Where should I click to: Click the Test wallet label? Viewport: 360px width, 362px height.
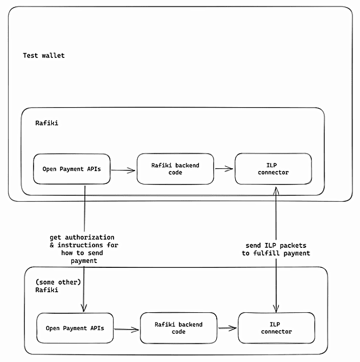(x=44, y=56)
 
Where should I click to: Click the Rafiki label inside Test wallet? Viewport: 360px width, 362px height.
(x=46, y=123)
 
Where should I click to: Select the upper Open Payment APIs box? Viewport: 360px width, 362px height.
(x=72, y=169)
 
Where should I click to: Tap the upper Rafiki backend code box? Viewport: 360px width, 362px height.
(x=175, y=169)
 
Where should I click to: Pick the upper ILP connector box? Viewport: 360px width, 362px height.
(x=274, y=169)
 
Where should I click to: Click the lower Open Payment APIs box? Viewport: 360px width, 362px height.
(x=75, y=328)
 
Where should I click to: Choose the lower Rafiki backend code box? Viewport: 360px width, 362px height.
(x=178, y=328)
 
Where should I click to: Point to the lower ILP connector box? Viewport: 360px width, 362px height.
(x=277, y=328)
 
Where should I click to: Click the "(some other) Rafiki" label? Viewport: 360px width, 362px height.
(x=58, y=286)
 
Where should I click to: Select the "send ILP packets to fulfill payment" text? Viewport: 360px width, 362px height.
(x=276, y=249)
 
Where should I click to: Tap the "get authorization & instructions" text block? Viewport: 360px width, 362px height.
(x=84, y=249)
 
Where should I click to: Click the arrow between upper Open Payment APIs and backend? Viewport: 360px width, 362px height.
(x=123, y=170)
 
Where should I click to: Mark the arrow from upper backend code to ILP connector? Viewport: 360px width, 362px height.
(x=224, y=169)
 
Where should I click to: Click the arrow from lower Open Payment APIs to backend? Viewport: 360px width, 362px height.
(x=126, y=330)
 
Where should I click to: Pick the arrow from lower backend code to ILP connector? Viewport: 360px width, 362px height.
(x=228, y=328)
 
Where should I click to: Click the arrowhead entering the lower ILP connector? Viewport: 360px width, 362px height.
(x=276, y=308)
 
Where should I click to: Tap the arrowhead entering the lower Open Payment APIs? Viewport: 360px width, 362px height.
(x=84, y=308)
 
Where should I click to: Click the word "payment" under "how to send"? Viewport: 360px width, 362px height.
(x=84, y=261)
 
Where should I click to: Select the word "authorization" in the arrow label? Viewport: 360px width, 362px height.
(x=90, y=238)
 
